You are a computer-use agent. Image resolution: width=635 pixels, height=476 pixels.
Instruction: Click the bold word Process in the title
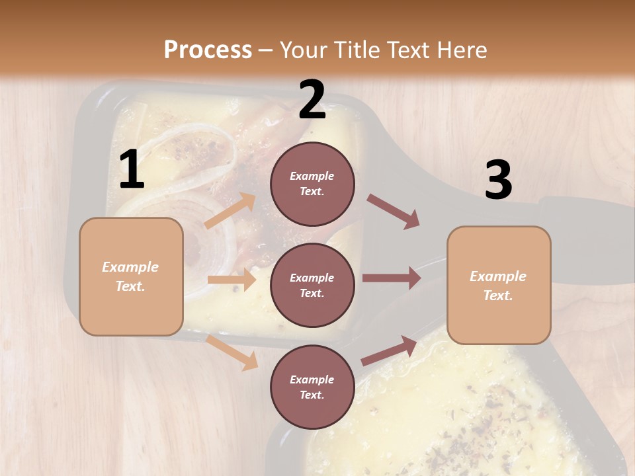click(208, 50)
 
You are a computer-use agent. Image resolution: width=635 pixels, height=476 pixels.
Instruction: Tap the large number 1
click(132, 170)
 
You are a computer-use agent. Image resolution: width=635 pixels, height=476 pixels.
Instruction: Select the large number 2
click(312, 100)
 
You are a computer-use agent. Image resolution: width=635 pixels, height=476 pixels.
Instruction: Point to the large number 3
click(498, 180)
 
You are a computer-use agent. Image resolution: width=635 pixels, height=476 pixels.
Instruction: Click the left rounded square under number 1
click(131, 276)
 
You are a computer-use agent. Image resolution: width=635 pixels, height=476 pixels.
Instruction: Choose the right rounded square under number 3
click(499, 285)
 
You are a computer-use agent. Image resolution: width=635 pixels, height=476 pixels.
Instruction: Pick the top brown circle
click(312, 184)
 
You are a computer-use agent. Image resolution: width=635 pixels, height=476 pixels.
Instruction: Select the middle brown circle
click(312, 286)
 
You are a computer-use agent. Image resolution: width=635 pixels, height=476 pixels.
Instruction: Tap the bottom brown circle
click(312, 387)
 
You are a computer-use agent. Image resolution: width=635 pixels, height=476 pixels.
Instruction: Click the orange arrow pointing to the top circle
click(231, 211)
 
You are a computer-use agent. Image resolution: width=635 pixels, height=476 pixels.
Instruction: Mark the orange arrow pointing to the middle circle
click(232, 280)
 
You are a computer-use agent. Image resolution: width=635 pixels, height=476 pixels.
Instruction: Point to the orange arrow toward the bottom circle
click(232, 352)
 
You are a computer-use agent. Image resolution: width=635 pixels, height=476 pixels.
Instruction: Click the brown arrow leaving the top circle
click(393, 211)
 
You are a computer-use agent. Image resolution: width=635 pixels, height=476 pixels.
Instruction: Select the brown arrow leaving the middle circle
click(392, 278)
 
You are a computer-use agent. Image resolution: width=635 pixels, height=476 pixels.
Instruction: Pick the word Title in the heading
click(358, 50)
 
